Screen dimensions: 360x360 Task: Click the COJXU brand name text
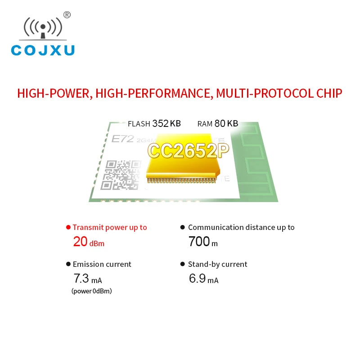click(x=43, y=50)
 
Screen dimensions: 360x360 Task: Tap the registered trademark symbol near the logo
click(x=67, y=15)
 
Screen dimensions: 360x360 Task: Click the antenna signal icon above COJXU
click(x=43, y=28)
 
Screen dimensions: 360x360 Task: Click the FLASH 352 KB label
click(x=154, y=124)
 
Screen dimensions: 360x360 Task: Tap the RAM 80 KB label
click(x=218, y=124)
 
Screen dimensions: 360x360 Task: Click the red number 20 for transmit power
click(x=80, y=242)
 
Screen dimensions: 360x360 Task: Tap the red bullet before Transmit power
click(x=68, y=227)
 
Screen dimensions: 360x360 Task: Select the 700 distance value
click(x=199, y=242)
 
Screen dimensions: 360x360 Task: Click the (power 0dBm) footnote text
click(x=92, y=291)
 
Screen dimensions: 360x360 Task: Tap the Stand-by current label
click(x=218, y=264)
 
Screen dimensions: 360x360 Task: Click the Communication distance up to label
click(x=241, y=227)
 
